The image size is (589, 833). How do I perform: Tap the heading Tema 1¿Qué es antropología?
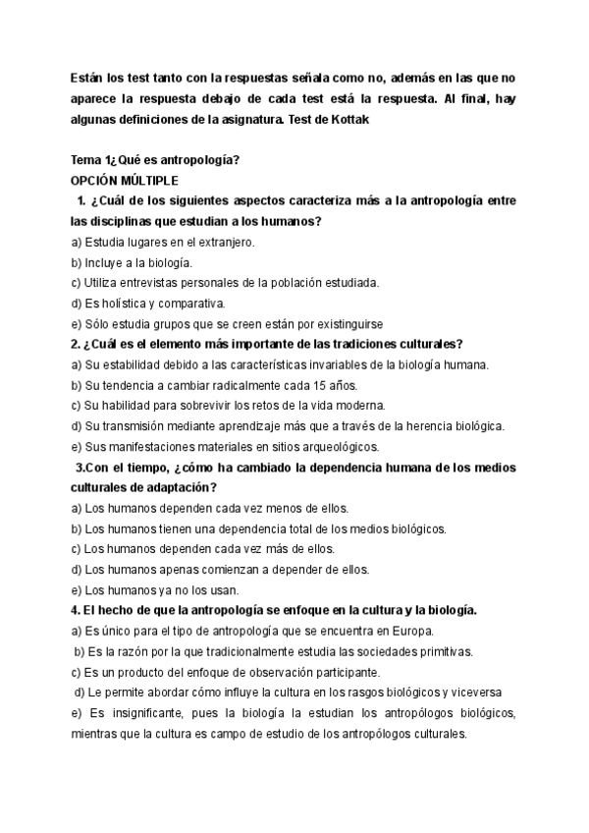156,160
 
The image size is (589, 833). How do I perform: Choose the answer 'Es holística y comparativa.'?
148,303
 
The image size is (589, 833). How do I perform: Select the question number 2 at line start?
76,344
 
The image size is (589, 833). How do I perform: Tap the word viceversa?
475,693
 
